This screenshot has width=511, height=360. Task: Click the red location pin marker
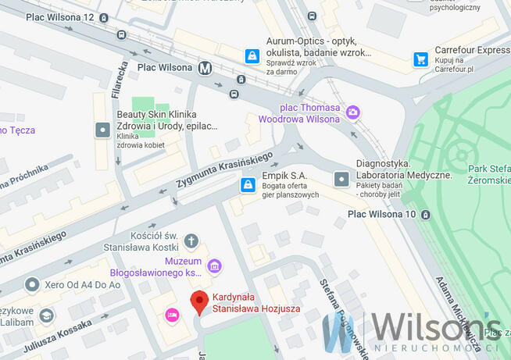click(x=199, y=301)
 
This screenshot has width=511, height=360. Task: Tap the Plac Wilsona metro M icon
click(x=205, y=67)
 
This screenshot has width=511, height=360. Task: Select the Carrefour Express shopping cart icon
click(x=421, y=59)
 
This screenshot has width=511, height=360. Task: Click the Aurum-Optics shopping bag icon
click(x=252, y=56)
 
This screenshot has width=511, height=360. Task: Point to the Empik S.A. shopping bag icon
click(x=247, y=185)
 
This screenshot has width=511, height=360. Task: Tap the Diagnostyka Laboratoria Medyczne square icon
click(x=341, y=179)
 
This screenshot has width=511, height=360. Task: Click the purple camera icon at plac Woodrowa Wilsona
click(x=353, y=112)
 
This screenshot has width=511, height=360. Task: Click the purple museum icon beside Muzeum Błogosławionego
click(x=213, y=266)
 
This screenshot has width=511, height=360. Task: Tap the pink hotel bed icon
click(x=172, y=314)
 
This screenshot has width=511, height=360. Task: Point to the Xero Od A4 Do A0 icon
click(x=31, y=285)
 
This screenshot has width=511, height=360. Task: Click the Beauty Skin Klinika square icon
click(x=102, y=130)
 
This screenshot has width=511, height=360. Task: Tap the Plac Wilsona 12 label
click(x=59, y=17)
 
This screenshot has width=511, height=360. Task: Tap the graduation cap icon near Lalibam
click(x=46, y=315)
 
